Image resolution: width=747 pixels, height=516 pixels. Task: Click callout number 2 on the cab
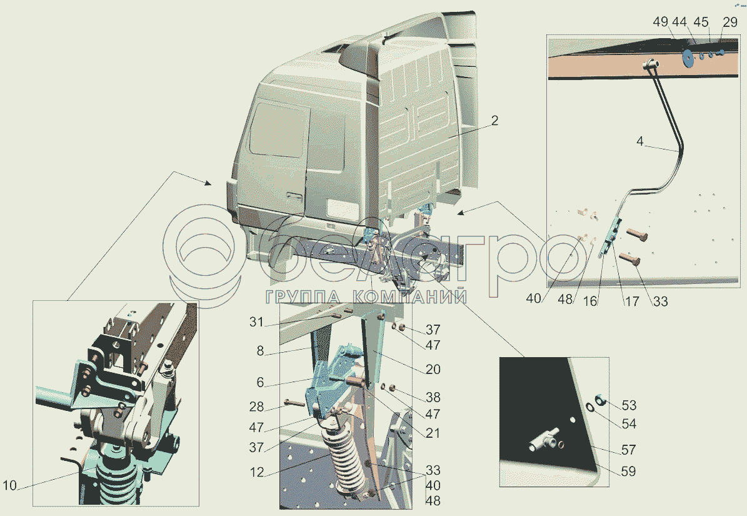tap(494, 121)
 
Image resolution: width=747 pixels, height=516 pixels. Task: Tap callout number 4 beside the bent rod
tap(640, 141)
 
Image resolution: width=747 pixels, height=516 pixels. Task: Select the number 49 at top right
tap(661, 22)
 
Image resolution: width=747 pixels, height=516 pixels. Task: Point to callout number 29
tap(730, 22)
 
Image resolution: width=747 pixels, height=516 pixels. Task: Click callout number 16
tap(590, 301)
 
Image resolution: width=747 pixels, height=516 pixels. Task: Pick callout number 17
tap(632, 301)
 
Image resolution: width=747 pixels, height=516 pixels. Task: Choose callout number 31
tap(256, 323)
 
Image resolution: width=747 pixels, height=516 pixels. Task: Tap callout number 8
tap(259, 351)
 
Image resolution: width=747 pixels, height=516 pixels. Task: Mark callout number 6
tap(259, 382)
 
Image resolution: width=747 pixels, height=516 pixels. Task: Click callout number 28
tap(256, 407)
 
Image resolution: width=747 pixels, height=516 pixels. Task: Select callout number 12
tap(256, 473)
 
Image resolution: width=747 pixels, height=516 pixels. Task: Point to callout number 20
tap(433, 369)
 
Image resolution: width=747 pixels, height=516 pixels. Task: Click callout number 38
tap(433, 397)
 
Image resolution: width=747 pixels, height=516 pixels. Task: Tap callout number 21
tap(433, 433)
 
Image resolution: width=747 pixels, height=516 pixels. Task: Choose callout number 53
tap(629, 405)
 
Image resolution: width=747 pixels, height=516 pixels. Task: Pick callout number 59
tap(629, 471)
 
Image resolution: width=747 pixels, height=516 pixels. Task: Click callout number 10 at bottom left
tap(9, 486)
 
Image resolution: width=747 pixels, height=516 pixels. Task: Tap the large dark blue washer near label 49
tap(688, 57)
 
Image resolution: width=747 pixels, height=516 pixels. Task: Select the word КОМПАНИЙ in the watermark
tap(409, 297)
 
